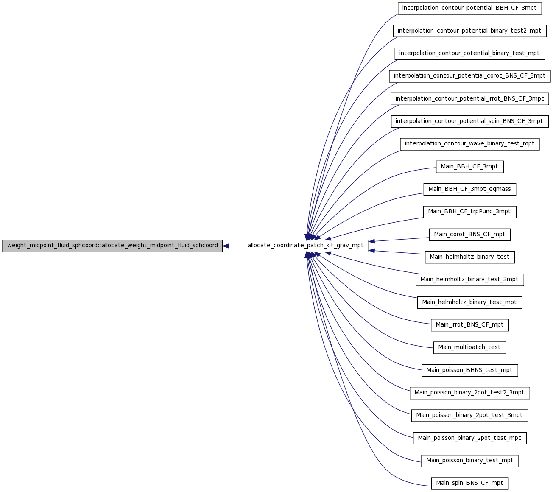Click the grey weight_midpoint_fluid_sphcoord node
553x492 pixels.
[x=112, y=246]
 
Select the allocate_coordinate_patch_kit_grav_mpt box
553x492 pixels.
[x=306, y=246]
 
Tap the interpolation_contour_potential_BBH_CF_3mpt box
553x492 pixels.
[x=469, y=8]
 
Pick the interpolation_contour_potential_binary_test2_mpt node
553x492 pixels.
[x=469, y=31]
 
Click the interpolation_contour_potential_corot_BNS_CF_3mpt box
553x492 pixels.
[x=469, y=76]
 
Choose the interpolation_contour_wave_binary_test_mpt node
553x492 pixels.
[x=469, y=144]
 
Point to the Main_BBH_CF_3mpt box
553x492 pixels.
[x=469, y=167]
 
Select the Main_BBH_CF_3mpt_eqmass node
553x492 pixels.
[x=469, y=189]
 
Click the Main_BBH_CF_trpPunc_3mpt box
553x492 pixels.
[x=469, y=212]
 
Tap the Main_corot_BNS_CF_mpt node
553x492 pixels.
[x=469, y=235]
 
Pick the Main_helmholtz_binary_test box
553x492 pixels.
[x=469, y=257]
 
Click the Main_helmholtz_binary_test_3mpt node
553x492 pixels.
[x=469, y=280]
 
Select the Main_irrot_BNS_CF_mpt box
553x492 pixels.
[x=469, y=325]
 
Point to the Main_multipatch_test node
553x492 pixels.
[x=469, y=347]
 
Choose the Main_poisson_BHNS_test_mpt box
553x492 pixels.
[x=469, y=370]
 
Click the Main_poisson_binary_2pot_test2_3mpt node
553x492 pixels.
[x=469, y=393]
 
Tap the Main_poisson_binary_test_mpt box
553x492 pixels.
[x=469, y=461]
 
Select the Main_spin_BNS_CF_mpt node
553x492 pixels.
[x=469, y=483]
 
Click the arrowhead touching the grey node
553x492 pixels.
[x=226, y=246]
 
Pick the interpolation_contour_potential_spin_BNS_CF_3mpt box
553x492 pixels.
[x=469, y=121]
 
